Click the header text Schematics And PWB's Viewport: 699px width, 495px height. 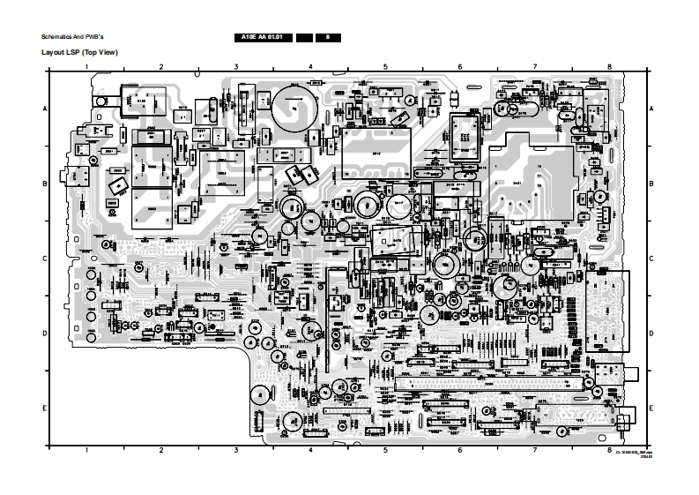tap(73, 38)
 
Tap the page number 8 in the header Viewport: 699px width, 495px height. tap(328, 38)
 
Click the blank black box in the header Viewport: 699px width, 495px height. tap(304, 38)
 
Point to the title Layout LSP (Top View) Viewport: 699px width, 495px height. tap(80, 52)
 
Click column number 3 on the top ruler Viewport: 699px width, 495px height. tap(236, 66)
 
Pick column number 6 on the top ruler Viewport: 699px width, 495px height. tap(460, 66)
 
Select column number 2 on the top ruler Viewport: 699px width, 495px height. tap(161, 66)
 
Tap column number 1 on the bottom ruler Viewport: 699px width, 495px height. tap(87, 450)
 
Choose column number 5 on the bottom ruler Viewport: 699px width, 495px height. tap(385, 450)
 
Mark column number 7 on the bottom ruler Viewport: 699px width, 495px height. tap(535, 450)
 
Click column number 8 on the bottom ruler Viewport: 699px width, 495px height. tap(609, 450)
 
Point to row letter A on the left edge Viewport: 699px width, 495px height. tap(45, 108)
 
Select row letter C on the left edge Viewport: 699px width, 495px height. tap(45, 259)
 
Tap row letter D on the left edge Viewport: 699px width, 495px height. tap(45, 334)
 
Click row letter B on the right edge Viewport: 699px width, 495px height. tap(651, 184)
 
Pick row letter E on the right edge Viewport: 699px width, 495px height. tap(651, 409)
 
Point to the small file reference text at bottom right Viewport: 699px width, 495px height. tap(634, 452)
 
